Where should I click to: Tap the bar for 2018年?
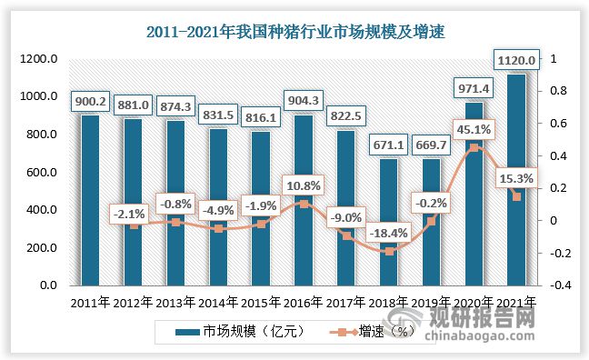[388, 223]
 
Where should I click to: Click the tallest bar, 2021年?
[515, 182]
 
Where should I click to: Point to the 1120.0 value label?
[515, 61]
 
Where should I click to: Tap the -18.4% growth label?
[388, 233]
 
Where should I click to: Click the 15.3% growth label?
[514, 178]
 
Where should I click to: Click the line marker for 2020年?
[473, 147]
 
